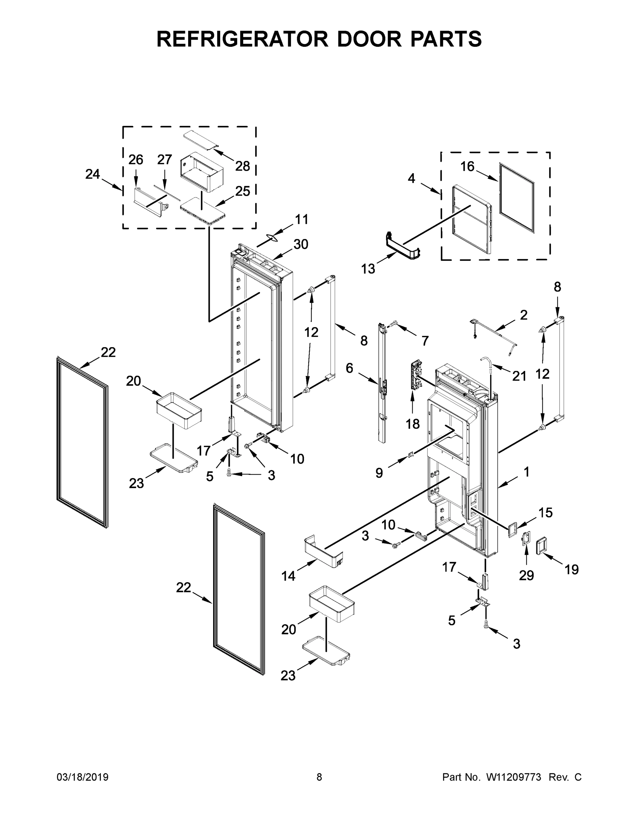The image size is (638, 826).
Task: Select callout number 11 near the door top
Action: coord(301,219)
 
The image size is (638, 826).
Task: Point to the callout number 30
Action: coord(301,244)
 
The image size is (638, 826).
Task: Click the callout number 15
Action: coord(545,512)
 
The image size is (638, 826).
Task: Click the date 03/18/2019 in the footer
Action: coord(83,777)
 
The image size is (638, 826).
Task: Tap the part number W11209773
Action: coord(513,777)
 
